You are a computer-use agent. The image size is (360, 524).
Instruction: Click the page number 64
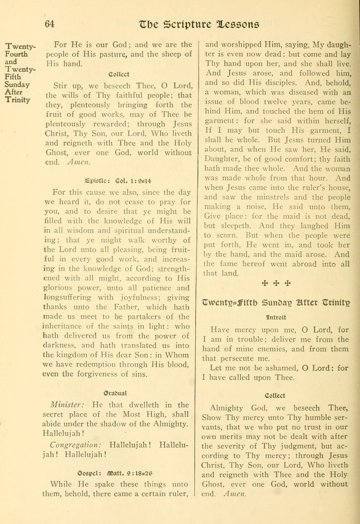[x=49, y=24]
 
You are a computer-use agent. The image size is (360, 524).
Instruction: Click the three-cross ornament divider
[x=276, y=283]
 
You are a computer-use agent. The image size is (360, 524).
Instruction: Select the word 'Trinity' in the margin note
[x=17, y=100]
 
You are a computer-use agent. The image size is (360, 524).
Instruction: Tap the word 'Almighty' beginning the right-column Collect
[x=226, y=407]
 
